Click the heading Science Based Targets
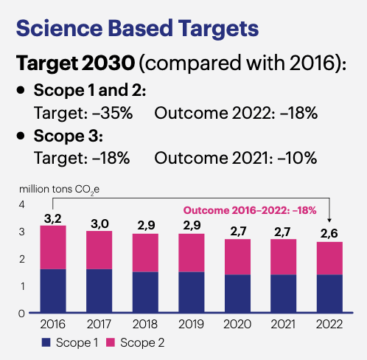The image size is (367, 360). [x=137, y=29]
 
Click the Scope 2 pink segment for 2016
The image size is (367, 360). [x=52, y=247]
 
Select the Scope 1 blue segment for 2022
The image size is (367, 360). [x=328, y=293]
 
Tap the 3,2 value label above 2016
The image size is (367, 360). [x=52, y=218]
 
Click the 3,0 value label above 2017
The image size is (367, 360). [x=98, y=223]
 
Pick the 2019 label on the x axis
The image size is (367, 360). [x=190, y=323]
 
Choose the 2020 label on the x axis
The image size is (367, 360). [x=236, y=323]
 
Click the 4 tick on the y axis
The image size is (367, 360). [x=22, y=204]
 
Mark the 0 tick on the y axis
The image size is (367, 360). [x=22, y=313]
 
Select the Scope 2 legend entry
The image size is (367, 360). [x=136, y=342]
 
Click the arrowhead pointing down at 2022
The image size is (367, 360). [x=328, y=219]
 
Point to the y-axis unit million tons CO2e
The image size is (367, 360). [x=59, y=189]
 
